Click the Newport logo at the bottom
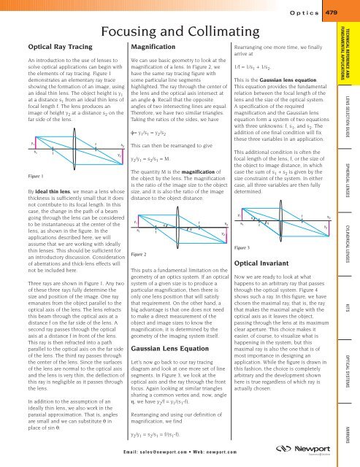click(x=318, y=444)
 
